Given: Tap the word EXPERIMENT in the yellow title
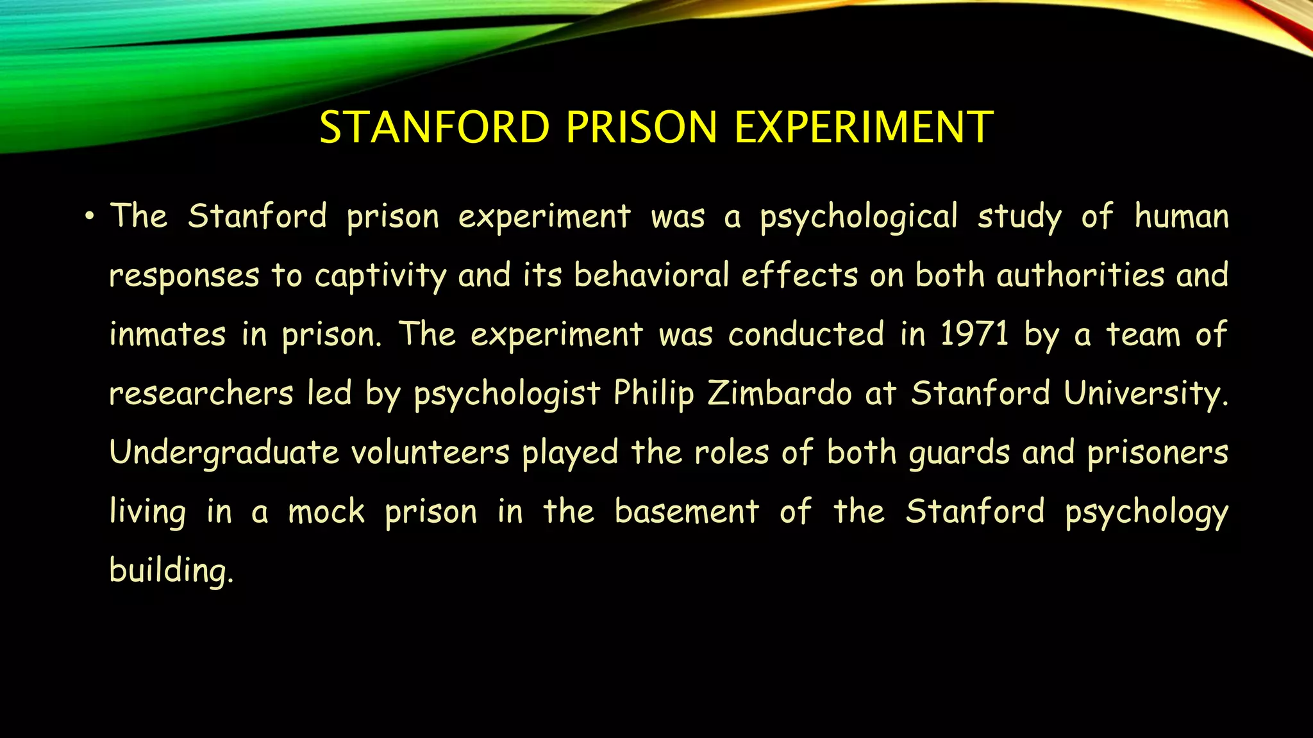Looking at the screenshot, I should pos(864,127).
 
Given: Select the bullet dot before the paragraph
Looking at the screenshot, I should pos(89,217).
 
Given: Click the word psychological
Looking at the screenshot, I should pos(859,218).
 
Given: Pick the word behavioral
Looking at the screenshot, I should pos(651,275).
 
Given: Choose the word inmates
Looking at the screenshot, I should pos(167,334).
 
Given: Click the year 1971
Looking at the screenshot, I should pos(974,334).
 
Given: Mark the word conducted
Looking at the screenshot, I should pos(807,334).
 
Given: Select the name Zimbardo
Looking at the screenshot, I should pos(780,393).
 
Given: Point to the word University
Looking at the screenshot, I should pos(1146,393).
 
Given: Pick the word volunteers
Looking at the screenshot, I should pos(430,452).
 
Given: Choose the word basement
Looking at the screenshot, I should pos(687,511).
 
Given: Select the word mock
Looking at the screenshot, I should pos(326,511).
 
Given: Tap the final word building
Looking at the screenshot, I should pos(171,570).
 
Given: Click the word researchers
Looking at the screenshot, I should pos(201,393).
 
